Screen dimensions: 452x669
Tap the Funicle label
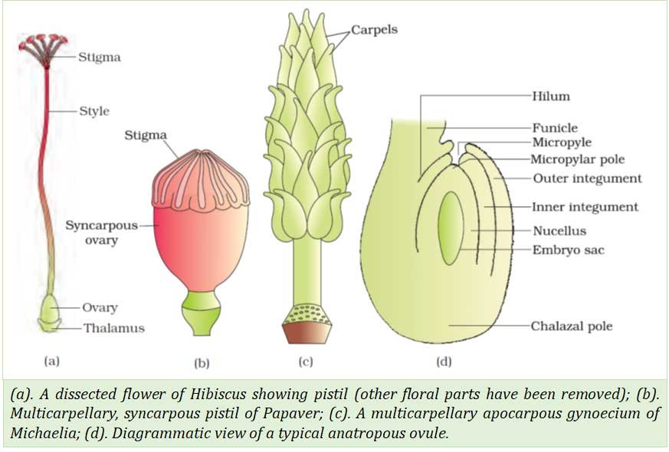tap(554, 128)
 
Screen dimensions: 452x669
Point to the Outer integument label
tap(587, 179)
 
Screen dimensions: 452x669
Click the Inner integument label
tap(585, 207)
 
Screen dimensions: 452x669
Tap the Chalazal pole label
tap(572, 326)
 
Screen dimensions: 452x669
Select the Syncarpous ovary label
tap(102, 234)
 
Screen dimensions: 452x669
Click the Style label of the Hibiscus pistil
tap(94, 111)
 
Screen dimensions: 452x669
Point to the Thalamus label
tap(115, 329)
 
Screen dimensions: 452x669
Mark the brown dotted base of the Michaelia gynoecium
tap(307, 324)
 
